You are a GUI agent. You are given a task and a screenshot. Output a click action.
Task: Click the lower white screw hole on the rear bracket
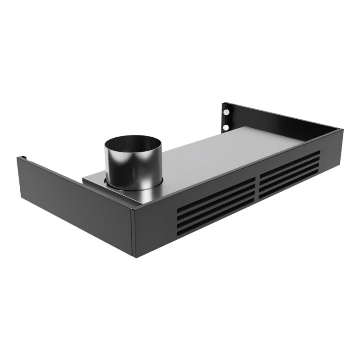(x=225, y=127)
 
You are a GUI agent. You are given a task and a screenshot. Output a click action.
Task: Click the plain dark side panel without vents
(x=76, y=202)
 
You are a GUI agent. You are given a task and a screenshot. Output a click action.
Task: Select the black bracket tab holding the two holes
(x=226, y=118)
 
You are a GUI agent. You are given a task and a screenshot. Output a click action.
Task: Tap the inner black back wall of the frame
(x=279, y=121)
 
